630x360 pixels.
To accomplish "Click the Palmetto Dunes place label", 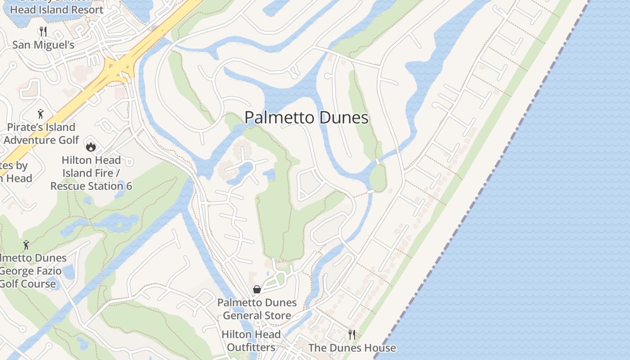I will point(306,118).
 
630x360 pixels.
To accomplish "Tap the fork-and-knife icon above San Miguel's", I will point(43,31).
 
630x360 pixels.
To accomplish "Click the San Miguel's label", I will point(43,45).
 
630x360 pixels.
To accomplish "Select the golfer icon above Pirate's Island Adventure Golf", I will point(41,114).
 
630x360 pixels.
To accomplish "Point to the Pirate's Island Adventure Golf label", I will point(41,134).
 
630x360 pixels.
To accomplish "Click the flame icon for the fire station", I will point(91,147).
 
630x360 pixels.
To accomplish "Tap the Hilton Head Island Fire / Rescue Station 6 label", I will point(91,173).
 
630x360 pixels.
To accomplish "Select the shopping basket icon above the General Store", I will point(257,289).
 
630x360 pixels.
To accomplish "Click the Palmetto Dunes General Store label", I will point(257,309).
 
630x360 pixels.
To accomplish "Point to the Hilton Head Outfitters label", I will point(251,341).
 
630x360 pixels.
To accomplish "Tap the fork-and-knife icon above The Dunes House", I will point(352,334).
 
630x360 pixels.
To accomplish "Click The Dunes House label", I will point(352,348).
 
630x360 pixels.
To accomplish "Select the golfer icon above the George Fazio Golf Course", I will point(26,245).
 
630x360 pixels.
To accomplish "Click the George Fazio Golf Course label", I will point(31,271).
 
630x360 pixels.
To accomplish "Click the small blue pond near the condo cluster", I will point(269,174).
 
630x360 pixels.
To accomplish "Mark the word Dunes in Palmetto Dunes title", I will point(343,118).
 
